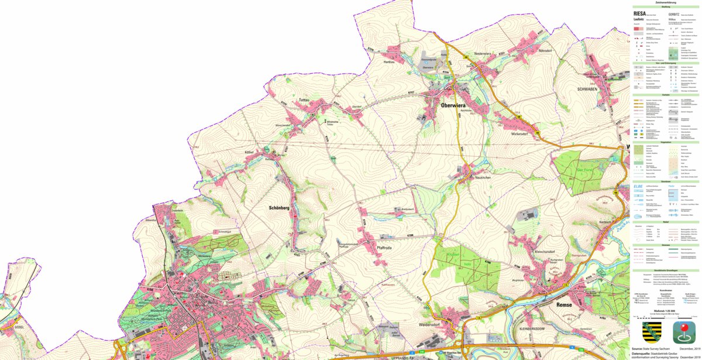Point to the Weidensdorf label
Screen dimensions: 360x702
coord(433,324)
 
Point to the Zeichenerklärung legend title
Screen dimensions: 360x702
coord(666,2)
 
